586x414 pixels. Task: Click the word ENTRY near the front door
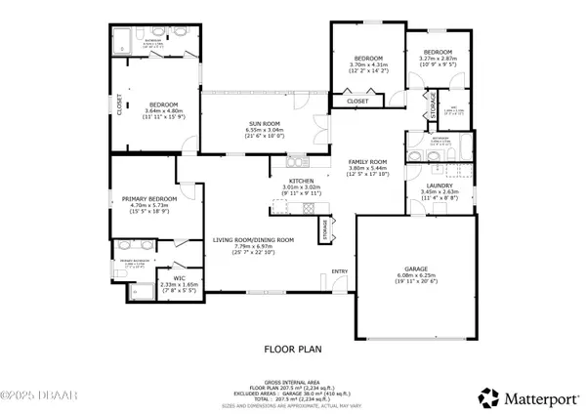(340, 271)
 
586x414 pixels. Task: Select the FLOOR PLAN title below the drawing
(292, 348)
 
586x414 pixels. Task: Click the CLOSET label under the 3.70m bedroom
(357, 100)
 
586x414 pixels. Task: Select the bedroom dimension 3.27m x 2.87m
(438, 58)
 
